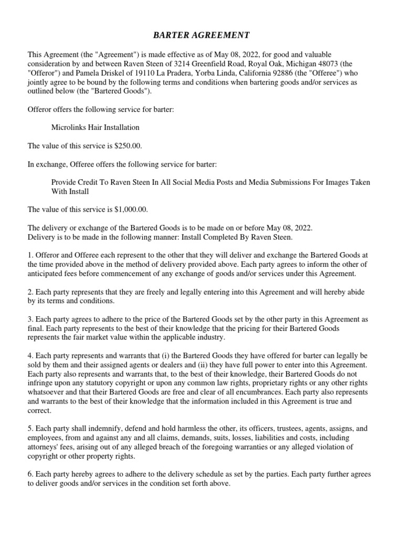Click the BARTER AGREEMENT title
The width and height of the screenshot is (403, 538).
(201, 35)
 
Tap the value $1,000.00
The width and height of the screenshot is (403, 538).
(131, 210)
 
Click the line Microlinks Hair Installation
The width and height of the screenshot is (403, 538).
(96, 127)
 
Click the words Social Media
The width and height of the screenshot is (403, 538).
(194, 182)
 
